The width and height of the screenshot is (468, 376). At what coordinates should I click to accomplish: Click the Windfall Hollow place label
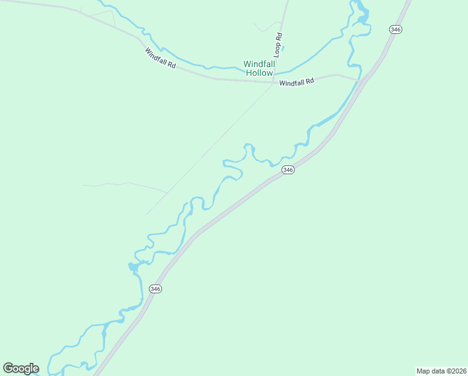click(x=259, y=68)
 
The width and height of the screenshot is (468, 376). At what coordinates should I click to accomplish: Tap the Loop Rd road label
click(x=278, y=45)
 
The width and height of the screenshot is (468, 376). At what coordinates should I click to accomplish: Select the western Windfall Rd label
click(x=160, y=59)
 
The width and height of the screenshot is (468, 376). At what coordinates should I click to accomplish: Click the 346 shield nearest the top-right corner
click(x=395, y=29)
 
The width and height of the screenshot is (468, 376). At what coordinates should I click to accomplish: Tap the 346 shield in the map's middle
click(x=287, y=170)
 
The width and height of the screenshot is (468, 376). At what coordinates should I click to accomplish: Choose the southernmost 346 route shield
click(x=156, y=289)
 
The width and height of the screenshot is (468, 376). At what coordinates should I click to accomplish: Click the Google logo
click(x=21, y=368)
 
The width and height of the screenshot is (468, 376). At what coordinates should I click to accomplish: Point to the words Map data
click(x=430, y=371)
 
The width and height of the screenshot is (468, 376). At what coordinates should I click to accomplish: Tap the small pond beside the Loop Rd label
click(x=283, y=48)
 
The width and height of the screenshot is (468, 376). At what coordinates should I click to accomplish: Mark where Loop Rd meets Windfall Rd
click(x=273, y=81)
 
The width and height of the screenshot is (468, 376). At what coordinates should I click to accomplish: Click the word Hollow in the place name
click(x=259, y=73)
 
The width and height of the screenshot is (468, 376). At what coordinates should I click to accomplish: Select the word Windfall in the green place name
click(x=259, y=64)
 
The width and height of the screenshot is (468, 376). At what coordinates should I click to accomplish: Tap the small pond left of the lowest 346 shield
click(x=133, y=268)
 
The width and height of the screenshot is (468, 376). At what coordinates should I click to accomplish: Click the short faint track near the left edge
click(x=125, y=185)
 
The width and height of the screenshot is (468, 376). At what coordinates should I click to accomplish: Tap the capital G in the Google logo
click(x=9, y=368)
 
